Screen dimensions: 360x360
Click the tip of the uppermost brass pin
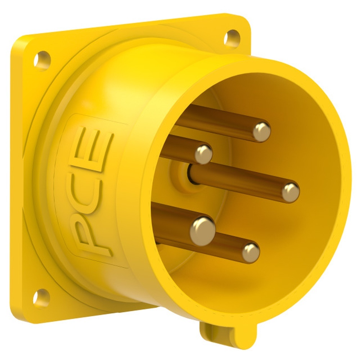[x=261, y=132]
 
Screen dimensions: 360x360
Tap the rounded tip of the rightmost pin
[x=291, y=192]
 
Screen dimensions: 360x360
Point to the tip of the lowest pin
[x=251, y=252]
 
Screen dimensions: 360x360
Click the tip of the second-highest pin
[x=204, y=154]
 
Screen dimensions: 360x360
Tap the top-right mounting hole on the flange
[x=231, y=38]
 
